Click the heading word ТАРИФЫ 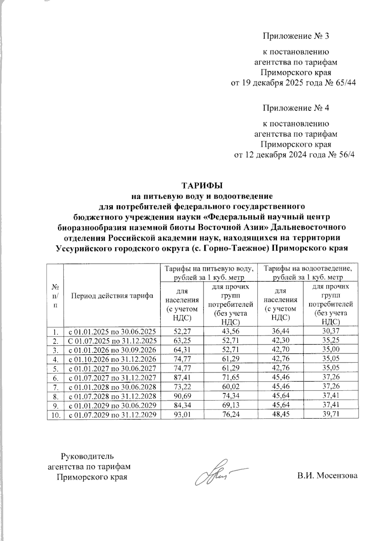coord(201,185)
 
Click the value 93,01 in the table coord(181,414)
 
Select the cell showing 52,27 coord(181,331)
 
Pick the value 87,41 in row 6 coord(181,377)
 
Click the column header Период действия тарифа coord(112,296)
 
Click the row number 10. coord(55,414)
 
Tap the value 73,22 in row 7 coord(181,387)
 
